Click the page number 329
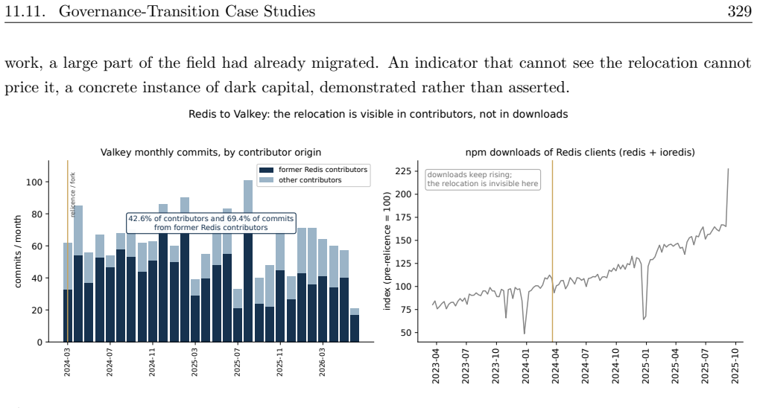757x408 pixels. (x=739, y=11)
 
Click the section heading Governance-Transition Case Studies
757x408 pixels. (x=187, y=11)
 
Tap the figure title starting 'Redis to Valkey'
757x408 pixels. (x=378, y=115)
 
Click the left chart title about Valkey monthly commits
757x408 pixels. (x=211, y=153)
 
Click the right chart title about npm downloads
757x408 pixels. (x=580, y=153)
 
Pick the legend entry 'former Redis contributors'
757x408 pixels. (x=323, y=170)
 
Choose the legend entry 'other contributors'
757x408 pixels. (x=309, y=180)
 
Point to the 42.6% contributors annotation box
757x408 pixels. (x=211, y=223)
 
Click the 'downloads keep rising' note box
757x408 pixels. (x=483, y=179)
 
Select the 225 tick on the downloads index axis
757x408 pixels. (x=404, y=171)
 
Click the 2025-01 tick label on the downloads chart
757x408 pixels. (x=645, y=366)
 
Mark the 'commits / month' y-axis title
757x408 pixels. (x=19, y=251)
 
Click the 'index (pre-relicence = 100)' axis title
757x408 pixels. (x=387, y=251)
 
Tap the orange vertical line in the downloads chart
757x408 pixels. (x=552, y=251)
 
